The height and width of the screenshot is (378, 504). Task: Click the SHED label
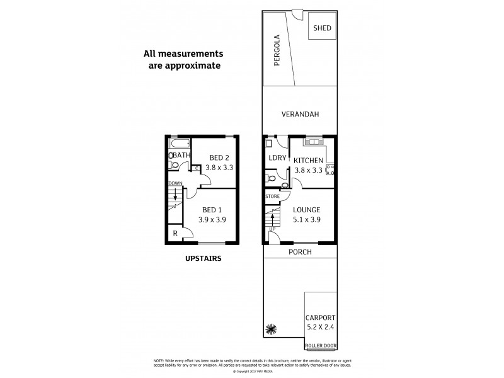pos(322,28)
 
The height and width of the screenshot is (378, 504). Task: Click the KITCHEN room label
pos(309,161)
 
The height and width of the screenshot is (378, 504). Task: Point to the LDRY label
pos(277,158)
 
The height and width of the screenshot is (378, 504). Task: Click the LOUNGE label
pos(307,210)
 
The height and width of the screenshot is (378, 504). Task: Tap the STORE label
pos(272,197)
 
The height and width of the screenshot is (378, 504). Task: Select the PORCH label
pos(300,252)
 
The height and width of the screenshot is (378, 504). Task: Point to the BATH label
pos(181,155)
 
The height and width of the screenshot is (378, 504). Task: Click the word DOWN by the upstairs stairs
pos(175,183)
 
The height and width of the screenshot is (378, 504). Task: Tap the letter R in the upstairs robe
pos(175,234)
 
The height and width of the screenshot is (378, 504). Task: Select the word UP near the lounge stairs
pos(272,228)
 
